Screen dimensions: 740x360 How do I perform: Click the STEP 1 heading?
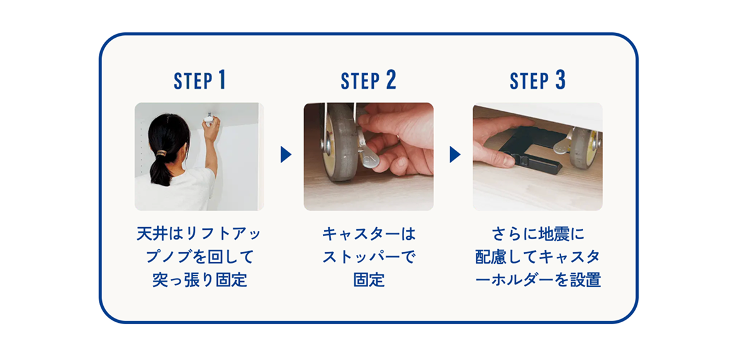coord(199,81)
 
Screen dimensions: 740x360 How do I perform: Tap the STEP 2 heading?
coord(369,81)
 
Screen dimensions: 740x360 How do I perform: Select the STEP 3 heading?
coord(537,81)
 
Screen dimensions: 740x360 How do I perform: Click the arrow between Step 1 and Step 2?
coord(286,154)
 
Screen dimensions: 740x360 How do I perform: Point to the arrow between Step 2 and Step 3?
coord(454,154)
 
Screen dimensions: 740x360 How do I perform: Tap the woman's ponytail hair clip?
coord(162,153)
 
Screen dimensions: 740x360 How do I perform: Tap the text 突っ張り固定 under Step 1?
coord(199,281)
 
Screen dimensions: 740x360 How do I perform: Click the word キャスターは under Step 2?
coord(369,234)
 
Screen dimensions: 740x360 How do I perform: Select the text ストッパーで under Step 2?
coord(369,257)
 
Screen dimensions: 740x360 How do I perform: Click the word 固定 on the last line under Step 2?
coord(369,281)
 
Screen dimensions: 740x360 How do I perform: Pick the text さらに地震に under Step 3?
coord(537,234)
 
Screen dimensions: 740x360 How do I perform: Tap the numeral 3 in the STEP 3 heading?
coord(560,81)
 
